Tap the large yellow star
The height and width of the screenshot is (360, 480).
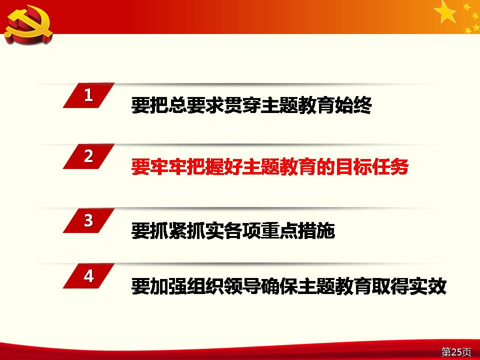click(445, 11)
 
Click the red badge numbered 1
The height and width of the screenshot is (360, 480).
click(89, 95)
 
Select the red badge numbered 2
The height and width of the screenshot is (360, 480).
click(89, 156)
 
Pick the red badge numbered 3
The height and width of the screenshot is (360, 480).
click(89, 220)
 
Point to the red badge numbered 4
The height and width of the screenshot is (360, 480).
click(89, 276)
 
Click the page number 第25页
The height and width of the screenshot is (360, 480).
click(456, 351)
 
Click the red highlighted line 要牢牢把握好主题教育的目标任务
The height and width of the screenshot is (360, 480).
click(270, 166)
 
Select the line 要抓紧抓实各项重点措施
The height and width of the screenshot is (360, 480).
click(233, 230)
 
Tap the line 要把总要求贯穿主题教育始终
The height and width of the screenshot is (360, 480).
click(251, 105)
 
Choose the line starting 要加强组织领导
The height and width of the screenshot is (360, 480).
click(288, 286)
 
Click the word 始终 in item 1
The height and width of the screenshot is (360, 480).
click(353, 105)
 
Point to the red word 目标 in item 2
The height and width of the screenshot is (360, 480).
click(353, 166)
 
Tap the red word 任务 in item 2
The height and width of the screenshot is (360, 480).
click(390, 166)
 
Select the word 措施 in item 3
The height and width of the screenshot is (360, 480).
click(316, 230)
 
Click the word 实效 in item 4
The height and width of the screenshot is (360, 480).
click(428, 286)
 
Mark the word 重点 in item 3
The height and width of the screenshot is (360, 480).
click(279, 230)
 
